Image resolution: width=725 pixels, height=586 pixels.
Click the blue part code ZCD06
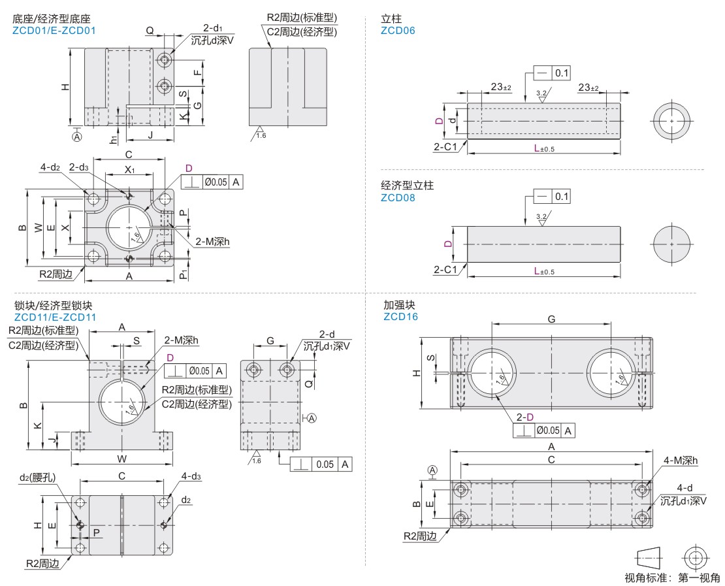click(398, 30)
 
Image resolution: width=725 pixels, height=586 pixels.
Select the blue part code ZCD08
click(398, 197)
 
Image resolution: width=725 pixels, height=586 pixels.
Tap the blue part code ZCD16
click(400, 317)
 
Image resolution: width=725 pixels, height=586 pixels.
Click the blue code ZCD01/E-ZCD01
click(54, 30)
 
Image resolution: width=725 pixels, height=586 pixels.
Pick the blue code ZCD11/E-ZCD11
click(55, 317)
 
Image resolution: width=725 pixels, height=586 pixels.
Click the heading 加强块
click(400, 305)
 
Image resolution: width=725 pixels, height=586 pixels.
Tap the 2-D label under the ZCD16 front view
click(525, 417)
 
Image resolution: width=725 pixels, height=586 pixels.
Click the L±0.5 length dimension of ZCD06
click(543, 149)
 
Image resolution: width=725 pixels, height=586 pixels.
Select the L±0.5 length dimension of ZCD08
click(543, 271)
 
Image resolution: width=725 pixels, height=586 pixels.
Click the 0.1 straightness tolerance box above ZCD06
click(562, 73)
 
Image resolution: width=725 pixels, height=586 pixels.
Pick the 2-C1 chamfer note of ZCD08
click(445, 269)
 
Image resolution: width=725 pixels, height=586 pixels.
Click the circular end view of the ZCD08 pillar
click(671, 244)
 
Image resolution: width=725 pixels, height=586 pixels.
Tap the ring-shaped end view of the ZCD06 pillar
click(671, 121)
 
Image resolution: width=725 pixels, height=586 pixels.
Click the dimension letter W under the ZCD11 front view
click(121, 458)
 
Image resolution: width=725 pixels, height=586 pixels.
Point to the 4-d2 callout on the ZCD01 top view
click(50, 168)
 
